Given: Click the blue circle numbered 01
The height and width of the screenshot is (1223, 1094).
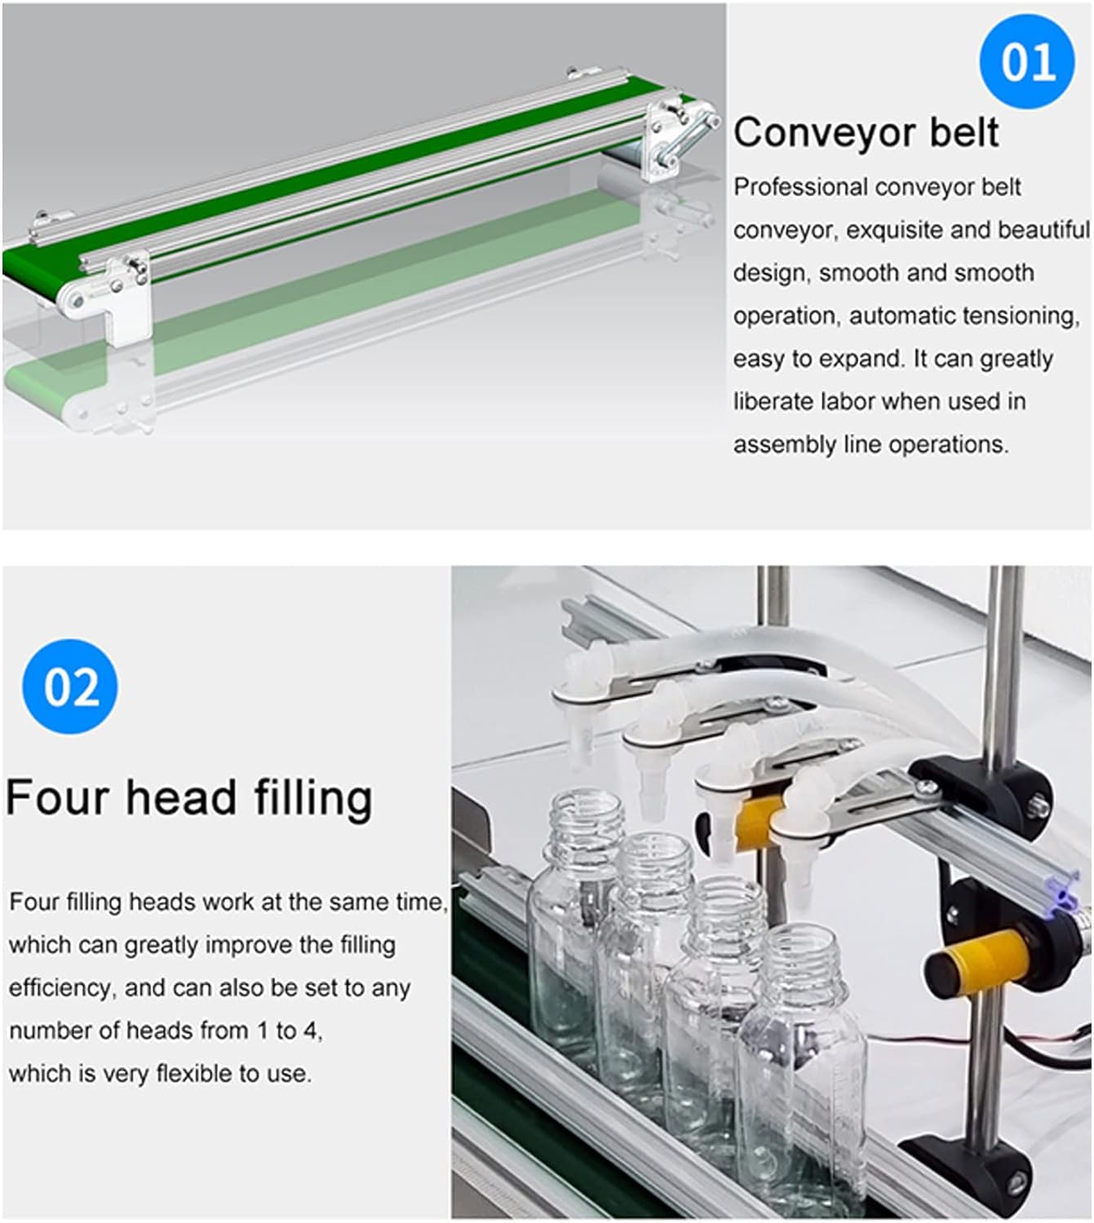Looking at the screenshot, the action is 1026,61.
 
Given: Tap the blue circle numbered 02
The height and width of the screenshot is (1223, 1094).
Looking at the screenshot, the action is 70,687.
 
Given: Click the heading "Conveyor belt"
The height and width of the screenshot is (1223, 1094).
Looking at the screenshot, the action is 866,133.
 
